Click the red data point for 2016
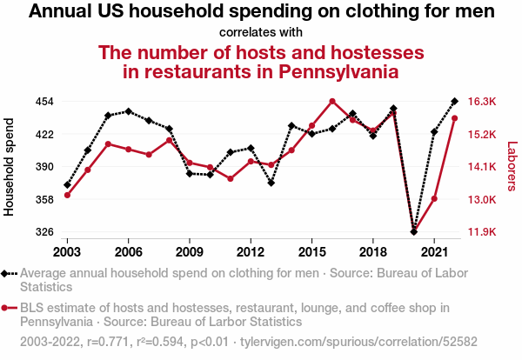(332, 101)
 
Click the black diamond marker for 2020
(413, 231)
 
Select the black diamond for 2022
(454, 101)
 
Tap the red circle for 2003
(67, 195)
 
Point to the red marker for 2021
(434, 199)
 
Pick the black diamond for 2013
(271, 183)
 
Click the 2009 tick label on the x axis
(190, 252)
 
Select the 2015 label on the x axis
(311, 252)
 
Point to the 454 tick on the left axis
(44, 101)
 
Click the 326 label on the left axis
(44, 231)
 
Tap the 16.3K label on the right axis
(482, 101)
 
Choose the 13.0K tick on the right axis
(482, 200)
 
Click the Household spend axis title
(9, 167)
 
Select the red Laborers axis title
(512, 166)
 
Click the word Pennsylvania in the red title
(338, 71)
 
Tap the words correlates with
(261, 32)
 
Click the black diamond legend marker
(4, 274)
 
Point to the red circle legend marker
(4, 308)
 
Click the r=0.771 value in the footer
(108, 342)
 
